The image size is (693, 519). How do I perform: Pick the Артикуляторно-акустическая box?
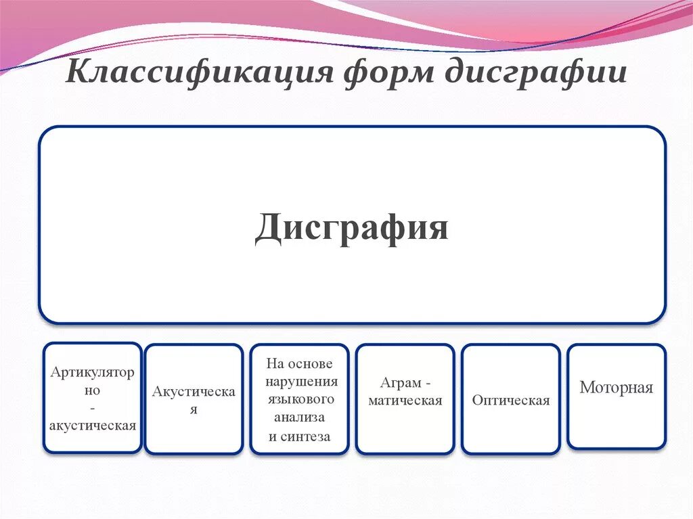click(x=93, y=398)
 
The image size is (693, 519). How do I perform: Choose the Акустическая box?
click(x=194, y=399)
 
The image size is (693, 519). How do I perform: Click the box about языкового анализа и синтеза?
click(x=300, y=399)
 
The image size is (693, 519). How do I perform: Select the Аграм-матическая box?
click(x=405, y=399)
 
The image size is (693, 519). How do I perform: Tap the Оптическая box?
click(x=511, y=399)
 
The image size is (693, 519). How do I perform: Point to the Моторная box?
click(x=616, y=397)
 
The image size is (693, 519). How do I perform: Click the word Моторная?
click(x=616, y=388)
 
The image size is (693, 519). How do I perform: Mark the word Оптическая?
click(x=511, y=401)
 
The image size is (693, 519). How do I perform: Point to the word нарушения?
click(x=301, y=381)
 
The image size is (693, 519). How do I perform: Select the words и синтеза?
click(x=300, y=436)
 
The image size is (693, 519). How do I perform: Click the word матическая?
click(x=405, y=401)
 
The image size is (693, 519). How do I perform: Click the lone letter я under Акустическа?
click(x=194, y=410)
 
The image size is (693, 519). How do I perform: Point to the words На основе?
click(x=299, y=363)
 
